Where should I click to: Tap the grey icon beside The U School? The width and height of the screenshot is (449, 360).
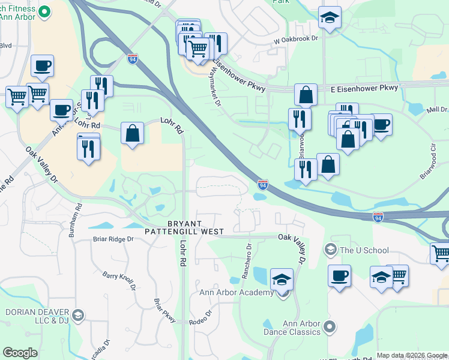pyautogui.click(x=330, y=250)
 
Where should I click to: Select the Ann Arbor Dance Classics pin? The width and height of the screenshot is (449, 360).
pyautogui.click(x=329, y=327)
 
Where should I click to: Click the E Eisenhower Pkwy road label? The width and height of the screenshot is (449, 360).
pyautogui.click(x=364, y=88)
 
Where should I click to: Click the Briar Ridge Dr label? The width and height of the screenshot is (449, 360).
pyautogui.click(x=112, y=239)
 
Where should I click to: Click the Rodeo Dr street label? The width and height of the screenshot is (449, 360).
pyautogui.click(x=201, y=314)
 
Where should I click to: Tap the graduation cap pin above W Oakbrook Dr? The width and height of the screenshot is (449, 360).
pyautogui.click(x=330, y=18)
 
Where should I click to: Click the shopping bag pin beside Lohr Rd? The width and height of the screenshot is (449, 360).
pyautogui.click(x=132, y=134)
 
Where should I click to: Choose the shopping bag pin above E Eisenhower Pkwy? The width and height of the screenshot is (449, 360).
pyautogui.click(x=306, y=95)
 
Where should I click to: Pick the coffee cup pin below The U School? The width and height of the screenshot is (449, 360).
pyautogui.click(x=340, y=276)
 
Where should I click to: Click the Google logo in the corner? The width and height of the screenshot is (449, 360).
pyautogui.click(x=20, y=353)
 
